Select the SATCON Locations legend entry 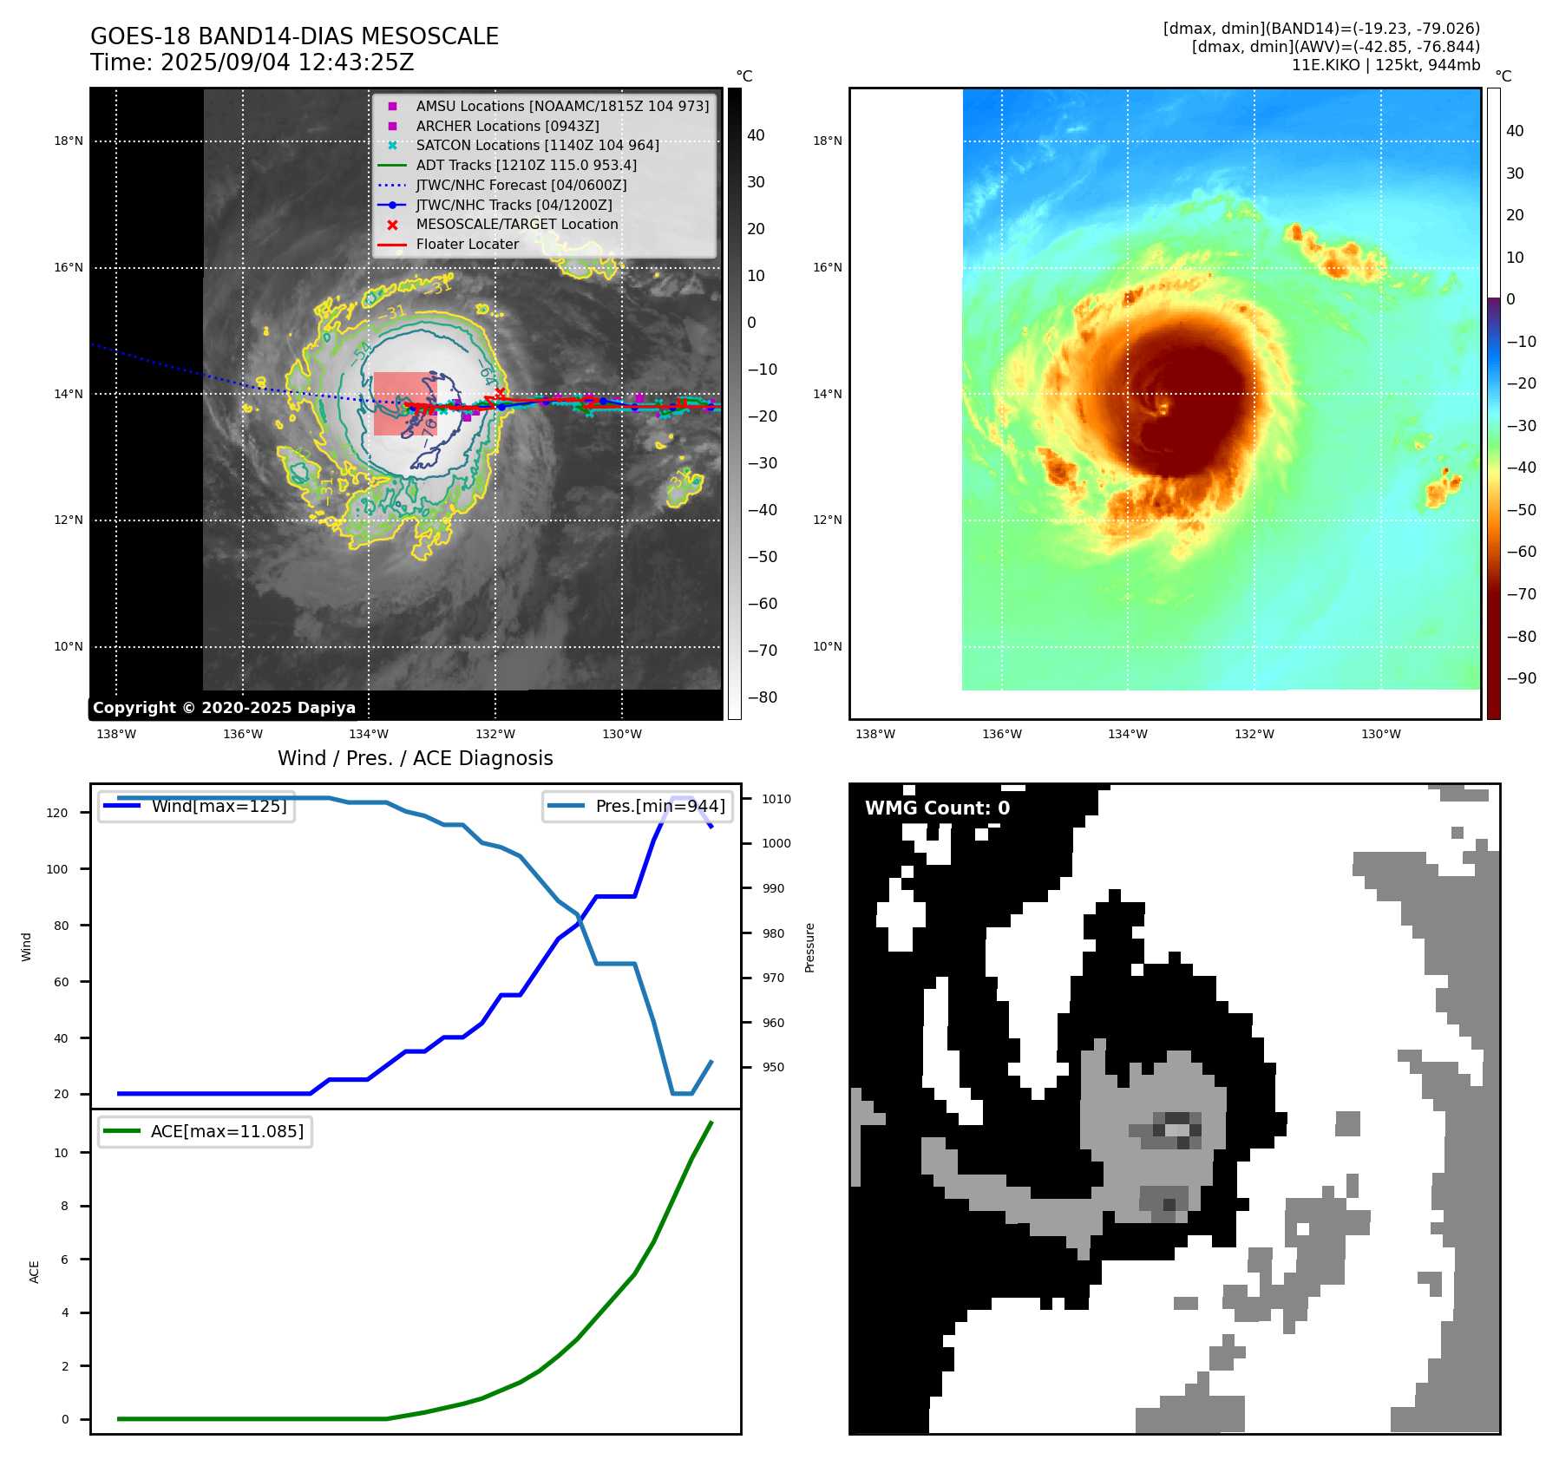(x=537, y=145)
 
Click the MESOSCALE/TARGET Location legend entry (x=516, y=224)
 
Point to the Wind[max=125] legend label (x=219, y=806)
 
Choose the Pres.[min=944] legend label (x=659, y=806)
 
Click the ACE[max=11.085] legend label (x=226, y=1131)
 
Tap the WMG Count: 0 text (x=937, y=808)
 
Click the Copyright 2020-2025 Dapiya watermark (x=224, y=708)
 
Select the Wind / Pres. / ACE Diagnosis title (x=415, y=758)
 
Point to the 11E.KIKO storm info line (x=1385, y=65)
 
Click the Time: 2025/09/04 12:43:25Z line (x=252, y=62)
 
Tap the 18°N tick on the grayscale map (x=69, y=141)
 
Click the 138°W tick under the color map (x=874, y=734)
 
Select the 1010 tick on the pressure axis (x=776, y=799)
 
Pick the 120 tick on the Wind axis (x=57, y=813)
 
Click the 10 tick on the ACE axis (x=62, y=1153)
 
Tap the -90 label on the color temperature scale (x=1521, y=678)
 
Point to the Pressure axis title (x=809, y=947)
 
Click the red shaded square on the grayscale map (x=404, y=403)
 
